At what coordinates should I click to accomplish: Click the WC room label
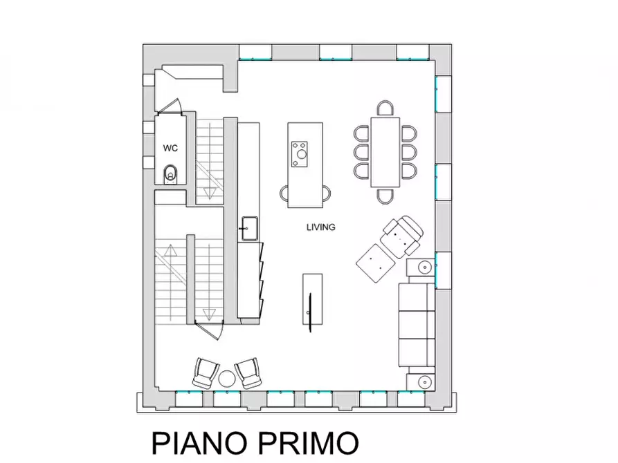click(x=170, y=148)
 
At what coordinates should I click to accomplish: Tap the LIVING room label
click(x=321, y=227)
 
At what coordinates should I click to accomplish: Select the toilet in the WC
click(x=171, y=175)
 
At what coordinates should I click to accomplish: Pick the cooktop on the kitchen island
click(x=300, y=153)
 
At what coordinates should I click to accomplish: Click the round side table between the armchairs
click(x=227, y=378)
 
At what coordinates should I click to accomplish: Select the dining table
click(x=385, y=152)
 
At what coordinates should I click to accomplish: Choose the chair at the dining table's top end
click(x=386, y=108)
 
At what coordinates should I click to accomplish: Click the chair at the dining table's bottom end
click(x=386, y=196)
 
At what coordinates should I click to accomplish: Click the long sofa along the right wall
click(x=416, y=325)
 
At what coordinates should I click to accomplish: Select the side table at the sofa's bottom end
click(x=423, y=380)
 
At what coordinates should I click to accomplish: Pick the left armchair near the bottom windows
click(x=204, y=373)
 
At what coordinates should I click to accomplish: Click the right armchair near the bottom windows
click(x=249, y=373)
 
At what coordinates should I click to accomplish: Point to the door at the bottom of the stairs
click(x=208, y=330)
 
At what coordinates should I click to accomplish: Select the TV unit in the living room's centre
click(x=312, y=303)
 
